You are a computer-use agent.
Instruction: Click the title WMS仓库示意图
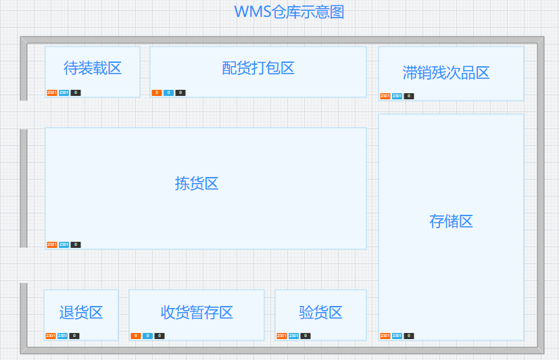pos(289,12)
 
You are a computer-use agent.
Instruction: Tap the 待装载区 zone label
pos(93,68)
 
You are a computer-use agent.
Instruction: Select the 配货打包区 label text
pos(258,68)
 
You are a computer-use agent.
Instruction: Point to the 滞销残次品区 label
pos(446,73)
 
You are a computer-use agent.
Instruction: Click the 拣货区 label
pos(197,183)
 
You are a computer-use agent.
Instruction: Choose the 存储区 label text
pos(451,222)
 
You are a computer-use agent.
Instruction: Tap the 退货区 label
pos(81,312)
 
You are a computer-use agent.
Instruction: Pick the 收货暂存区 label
pos(197,312)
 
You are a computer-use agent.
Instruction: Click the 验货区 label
pos(320,312)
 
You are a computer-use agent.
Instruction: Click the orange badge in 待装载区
pos(51,93)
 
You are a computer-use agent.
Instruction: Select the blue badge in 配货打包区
pos(168,93)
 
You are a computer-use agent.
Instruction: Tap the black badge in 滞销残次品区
pos(409,96)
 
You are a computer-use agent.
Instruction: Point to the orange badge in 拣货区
pos(51,245)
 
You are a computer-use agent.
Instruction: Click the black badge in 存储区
pos(409,336)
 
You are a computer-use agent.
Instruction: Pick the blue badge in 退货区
pos(62,336)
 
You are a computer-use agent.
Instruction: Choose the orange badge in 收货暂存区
pos(135,336)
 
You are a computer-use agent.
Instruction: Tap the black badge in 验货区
pos(306,336)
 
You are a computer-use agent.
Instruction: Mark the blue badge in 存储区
pos(397,336)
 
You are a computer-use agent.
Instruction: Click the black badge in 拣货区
pos(76,245)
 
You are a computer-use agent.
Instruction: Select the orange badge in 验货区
pos(281,336)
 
